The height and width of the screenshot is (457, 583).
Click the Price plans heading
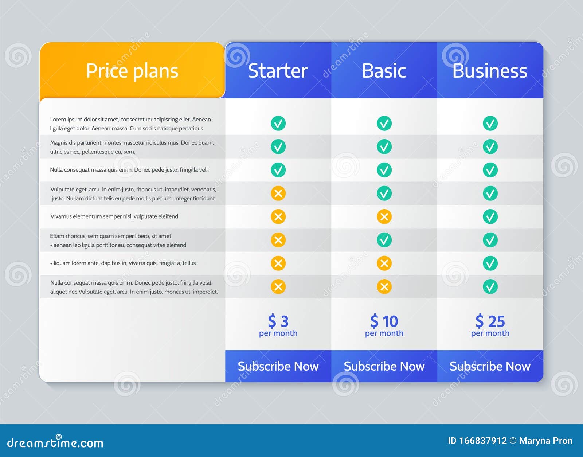click(132, 71)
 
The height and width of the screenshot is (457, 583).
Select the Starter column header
click(278, 71)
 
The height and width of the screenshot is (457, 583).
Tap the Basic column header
click(384, 71)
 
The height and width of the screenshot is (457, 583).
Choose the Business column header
click(490, 71)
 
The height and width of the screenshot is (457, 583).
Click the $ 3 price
click(278, 321)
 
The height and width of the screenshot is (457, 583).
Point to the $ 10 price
click(384, 321)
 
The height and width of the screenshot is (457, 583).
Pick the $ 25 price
click(490, 321)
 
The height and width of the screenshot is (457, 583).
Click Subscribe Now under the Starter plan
click(278, 366)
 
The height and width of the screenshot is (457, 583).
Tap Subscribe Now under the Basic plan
click(384, 366)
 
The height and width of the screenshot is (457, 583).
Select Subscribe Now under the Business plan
click(490, 366)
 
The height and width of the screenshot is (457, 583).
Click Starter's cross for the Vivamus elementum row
click(278, 217)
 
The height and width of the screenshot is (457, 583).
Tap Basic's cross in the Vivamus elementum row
click(384, 217)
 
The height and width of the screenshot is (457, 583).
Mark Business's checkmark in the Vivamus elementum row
click(490, 217)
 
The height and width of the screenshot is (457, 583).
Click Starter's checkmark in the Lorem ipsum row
click(278, 124)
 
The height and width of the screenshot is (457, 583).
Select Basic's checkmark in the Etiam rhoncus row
click(384, 240)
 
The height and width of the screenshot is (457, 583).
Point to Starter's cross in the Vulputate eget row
click(278, 194)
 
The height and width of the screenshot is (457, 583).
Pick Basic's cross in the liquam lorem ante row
click(384, 263)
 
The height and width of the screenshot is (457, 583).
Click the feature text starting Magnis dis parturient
click(132, 147)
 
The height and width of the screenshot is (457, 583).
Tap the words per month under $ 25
click(490, 333)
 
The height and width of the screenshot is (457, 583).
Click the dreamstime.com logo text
click(55, 443)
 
